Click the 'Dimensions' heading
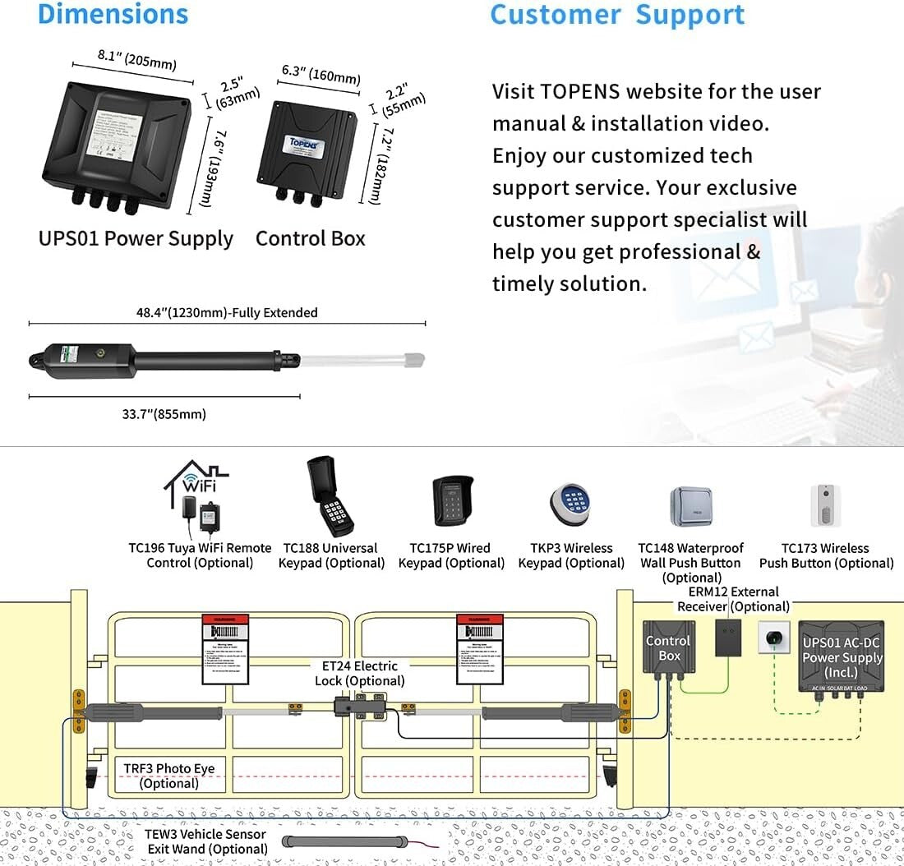click(113, 14)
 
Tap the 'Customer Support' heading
click(617, 15)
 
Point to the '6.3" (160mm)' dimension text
click(321, 75)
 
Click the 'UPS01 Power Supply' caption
click(136, 239)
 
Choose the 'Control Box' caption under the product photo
click(310, 239)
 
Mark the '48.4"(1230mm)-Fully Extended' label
click(227, 313)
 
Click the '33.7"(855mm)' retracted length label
click(164, 414)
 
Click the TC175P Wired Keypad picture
click(452, 501)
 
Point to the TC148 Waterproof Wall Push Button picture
click(690, 506)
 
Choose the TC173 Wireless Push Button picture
click(825, 504)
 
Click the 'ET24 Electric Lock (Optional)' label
click(359, 674)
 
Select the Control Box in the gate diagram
click(668, 649)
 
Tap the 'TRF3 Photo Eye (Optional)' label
click(168, 776)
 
